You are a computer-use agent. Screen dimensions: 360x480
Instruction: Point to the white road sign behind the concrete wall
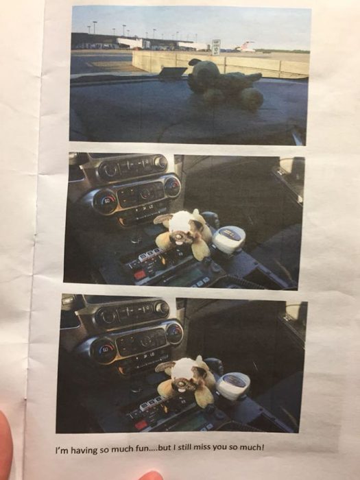(x=216, y=47)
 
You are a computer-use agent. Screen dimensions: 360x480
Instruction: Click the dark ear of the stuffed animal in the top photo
(x=194, y=62)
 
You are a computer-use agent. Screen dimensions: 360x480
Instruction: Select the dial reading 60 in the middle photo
(x=106, y=202)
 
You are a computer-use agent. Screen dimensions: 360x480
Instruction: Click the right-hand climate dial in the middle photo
(x=172, y=187)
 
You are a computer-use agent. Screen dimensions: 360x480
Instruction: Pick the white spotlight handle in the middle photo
(x=228, y=239)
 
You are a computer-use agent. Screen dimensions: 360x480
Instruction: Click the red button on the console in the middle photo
(x=140, y=274)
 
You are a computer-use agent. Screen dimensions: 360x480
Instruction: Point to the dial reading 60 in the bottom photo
(x=104, y=350)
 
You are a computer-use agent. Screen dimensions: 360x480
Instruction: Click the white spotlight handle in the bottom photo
(x=233, y=386)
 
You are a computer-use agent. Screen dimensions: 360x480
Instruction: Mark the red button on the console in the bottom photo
(x=141, y=424)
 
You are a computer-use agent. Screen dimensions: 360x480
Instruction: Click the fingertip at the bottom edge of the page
(x=151, y=476)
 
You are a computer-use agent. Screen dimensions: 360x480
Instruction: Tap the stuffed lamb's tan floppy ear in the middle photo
(x=164, y=219)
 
